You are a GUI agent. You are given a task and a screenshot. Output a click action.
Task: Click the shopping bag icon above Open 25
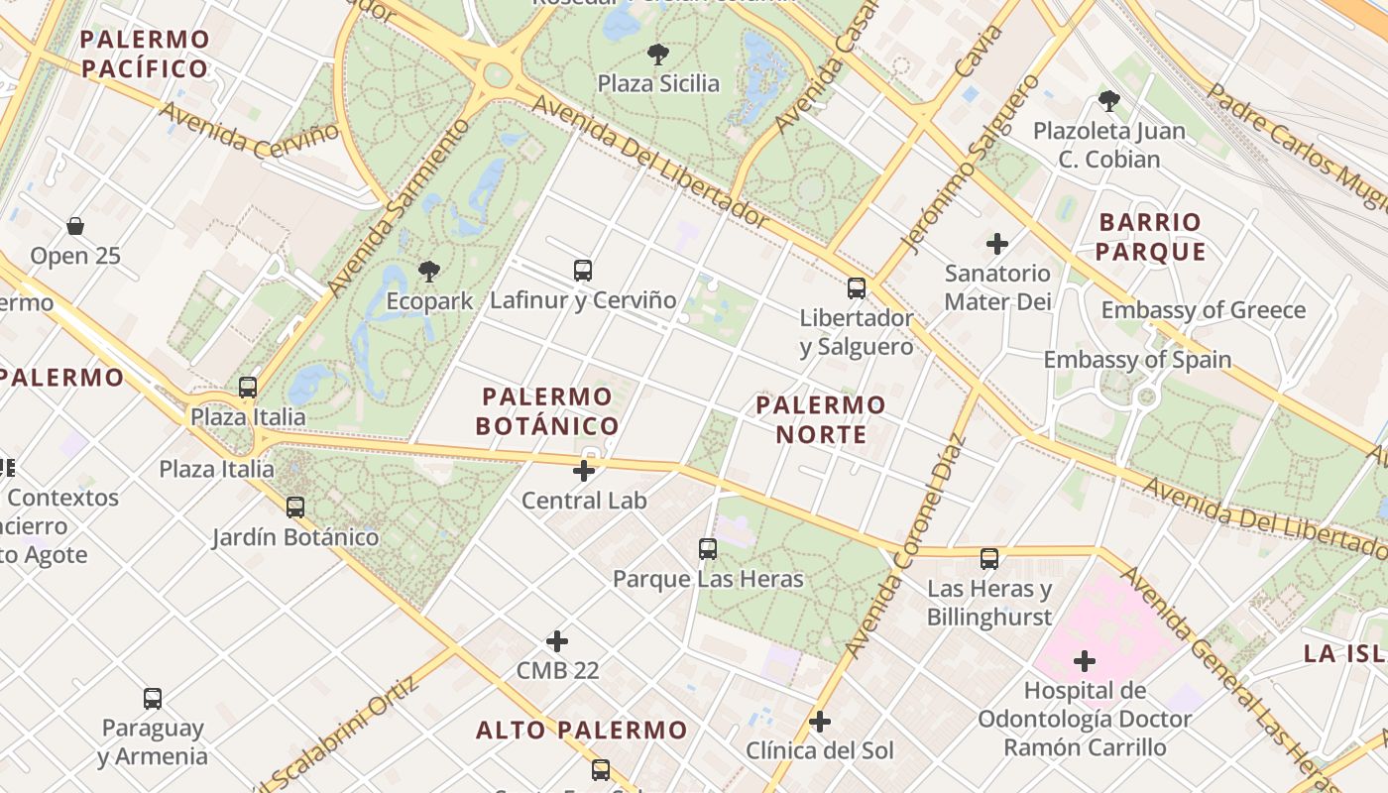75,226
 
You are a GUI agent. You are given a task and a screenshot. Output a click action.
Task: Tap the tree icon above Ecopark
429,271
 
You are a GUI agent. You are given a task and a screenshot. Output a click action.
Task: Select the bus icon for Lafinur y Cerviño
583,270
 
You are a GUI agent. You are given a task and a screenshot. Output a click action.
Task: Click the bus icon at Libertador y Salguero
857,287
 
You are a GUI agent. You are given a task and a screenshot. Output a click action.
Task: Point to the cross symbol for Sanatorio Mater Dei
997,243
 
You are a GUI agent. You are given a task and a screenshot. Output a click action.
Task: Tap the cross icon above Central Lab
585,470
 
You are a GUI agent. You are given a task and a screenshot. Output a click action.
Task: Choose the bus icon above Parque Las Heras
708,548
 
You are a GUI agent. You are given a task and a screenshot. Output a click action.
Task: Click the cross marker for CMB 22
557,641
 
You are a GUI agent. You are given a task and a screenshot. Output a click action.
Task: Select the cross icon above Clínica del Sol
819,721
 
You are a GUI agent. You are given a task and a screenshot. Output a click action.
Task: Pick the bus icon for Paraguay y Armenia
152,698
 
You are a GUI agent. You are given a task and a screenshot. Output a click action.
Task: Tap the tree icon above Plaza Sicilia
657,55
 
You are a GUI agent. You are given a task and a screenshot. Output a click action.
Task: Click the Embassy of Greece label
1204,310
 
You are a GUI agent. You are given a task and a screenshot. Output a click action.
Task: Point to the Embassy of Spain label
1137,360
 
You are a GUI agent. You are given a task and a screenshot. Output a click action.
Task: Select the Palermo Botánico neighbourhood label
547,411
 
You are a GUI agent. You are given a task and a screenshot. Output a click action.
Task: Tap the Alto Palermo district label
581,731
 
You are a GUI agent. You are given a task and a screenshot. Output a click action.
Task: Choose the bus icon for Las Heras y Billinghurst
989,559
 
